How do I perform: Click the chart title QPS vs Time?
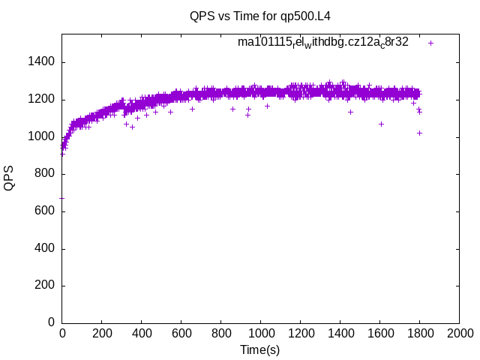click(259, 16)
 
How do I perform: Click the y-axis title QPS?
click(9, 178)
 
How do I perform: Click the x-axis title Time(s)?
click(259, 349)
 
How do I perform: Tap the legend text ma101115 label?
click(322, 42)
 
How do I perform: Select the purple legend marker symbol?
click(430, 43)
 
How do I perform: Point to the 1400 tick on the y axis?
click(41, 62)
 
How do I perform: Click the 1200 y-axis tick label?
click(41, 100)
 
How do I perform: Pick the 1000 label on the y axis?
click(41, 136)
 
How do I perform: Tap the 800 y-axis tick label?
click(44, 174)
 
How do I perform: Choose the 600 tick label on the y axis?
click(44, 211)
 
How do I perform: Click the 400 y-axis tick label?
click(44, 248)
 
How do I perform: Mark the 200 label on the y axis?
click(44, 286)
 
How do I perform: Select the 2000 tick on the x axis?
click(459, 333)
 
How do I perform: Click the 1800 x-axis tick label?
click(419, 333)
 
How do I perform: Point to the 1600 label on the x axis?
click(379, 333)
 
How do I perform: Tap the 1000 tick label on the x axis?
click(260, 333)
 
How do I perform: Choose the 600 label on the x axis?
click(181, 333)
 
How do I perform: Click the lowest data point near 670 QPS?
click(61, 198)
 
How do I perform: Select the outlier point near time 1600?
click(381, 124)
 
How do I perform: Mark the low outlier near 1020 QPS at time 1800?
click(419, 133)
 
